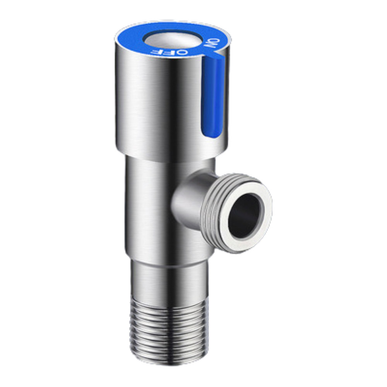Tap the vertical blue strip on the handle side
point(212,97)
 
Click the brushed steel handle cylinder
point(155,101)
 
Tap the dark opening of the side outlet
point(245,215)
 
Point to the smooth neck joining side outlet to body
point(186,197)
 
